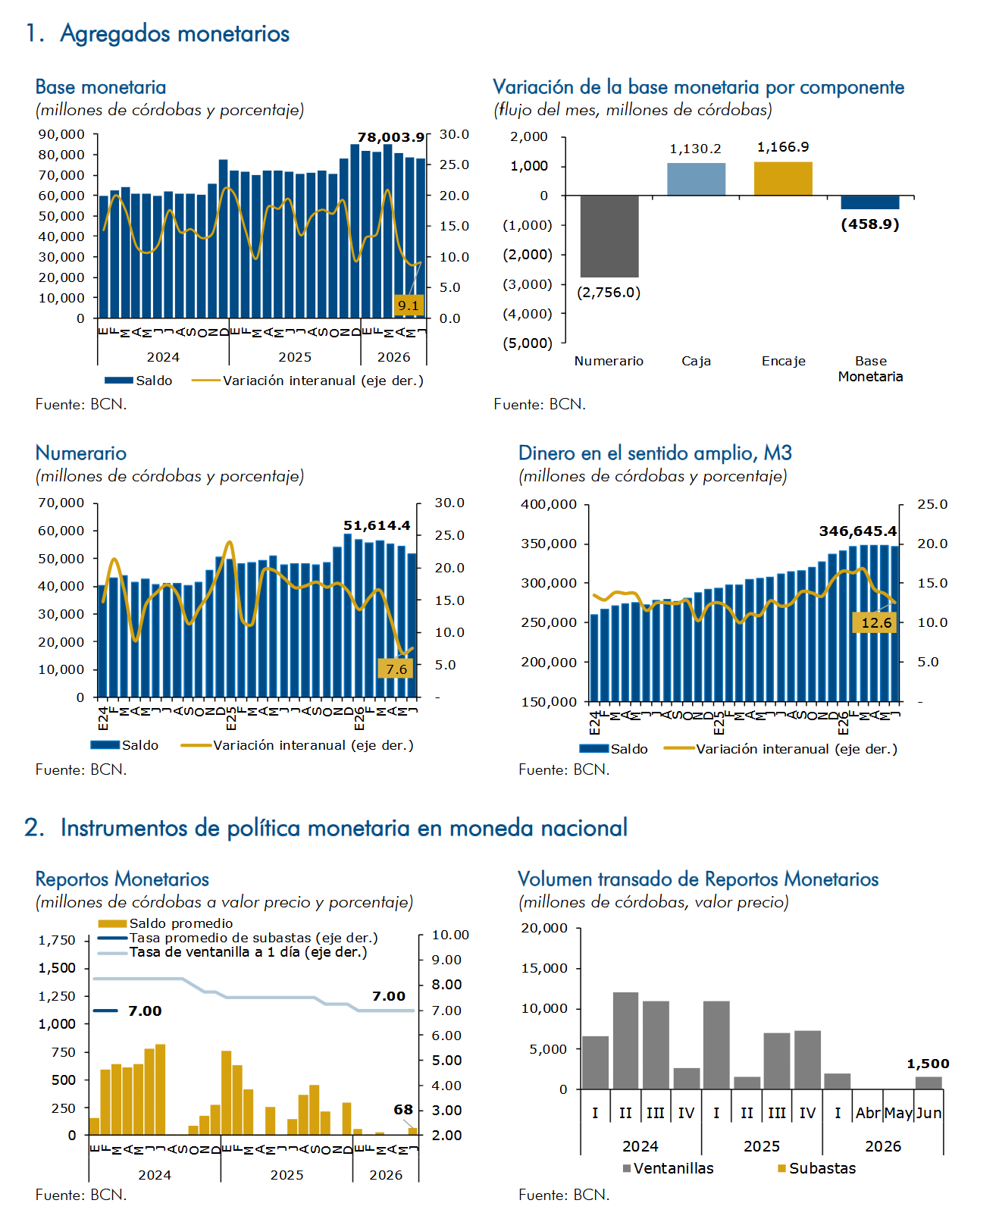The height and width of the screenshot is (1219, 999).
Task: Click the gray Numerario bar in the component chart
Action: click(x=609, y=236)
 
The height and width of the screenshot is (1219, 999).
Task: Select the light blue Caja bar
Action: click(x=696, y=179)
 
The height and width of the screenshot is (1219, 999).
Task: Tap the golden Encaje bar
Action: click(x=783, y=179)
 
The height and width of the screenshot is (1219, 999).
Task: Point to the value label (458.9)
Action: click(x=869, y=224)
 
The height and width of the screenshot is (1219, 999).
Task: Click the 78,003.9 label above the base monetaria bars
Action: click(x=390, y=137)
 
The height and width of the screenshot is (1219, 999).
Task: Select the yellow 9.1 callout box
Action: click(x=409, y=306)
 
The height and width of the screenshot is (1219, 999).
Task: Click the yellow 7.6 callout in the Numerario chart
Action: click(x=396, y=669)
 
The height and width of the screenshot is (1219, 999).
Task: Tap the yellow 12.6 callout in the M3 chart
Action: click(x=876, y=622)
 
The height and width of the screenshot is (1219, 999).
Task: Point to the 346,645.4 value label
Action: click(x=857, y=531)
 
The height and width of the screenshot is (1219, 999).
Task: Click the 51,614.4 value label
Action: click(x=377, y=525)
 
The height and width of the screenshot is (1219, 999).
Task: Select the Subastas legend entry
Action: click(x=816, y=1168)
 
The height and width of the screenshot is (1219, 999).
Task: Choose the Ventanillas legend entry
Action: click(x=668, y=1168)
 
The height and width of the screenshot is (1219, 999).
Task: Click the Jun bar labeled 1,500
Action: click(x=928, y=1083)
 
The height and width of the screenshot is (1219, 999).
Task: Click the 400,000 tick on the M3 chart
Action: click(x=548, y=505)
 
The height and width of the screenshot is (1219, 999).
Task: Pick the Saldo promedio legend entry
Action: click(x=165, y=923)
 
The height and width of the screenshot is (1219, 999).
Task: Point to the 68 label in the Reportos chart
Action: click(x=403, y=1109)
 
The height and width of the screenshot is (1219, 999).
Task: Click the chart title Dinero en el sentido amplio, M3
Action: click(x=655, y=453)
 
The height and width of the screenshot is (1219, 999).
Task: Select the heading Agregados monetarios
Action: click(x=174, y=33)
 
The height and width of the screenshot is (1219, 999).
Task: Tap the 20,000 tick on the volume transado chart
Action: click(x=544, y=928)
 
